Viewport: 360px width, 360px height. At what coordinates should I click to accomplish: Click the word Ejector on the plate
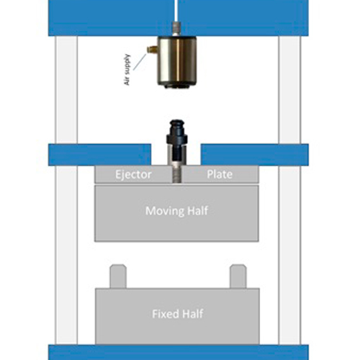tap(133, 175)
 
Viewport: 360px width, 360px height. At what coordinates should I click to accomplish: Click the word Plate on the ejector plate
tap(220, 174)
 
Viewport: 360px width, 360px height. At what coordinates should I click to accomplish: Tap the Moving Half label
tap(176, 211)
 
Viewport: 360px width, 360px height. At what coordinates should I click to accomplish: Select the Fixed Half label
tap(178, 314)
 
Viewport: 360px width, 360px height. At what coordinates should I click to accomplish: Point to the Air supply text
tap(127, 70)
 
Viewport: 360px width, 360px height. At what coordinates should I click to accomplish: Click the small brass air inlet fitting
tap(152, 50)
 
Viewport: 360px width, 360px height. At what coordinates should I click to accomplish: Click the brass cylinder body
tap(177, 62)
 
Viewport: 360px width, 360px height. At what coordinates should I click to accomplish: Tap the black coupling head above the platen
tap(177, 132)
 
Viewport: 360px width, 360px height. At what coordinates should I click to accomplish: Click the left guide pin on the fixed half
tap(118, 276)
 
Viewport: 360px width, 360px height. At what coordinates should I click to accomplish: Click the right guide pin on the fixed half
tap(238, 276)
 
